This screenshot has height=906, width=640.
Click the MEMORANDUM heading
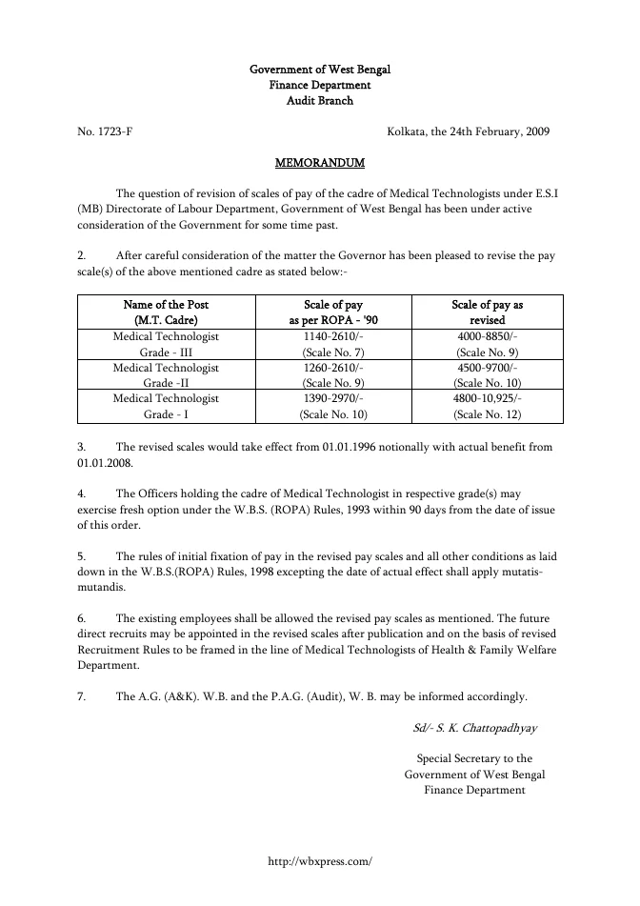click(x=319, y=163)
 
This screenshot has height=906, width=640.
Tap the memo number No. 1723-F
click(x=105, y=131)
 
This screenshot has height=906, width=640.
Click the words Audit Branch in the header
click(x=320, y=100)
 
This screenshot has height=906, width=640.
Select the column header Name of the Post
click(x=166, y=305)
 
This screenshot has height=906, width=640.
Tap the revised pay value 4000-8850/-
click(x=487, y=337)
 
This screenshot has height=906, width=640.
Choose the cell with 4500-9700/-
click(x=487, y=367)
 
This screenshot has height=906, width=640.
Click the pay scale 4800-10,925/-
click(x=487, y=398)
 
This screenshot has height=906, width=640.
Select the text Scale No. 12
click(x=487, y=413)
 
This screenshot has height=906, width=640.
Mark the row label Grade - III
click(x=166, y=352)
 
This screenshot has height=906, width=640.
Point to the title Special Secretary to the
click(x=474, y=758)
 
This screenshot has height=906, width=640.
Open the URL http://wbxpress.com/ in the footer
click(x=320, y=861)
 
